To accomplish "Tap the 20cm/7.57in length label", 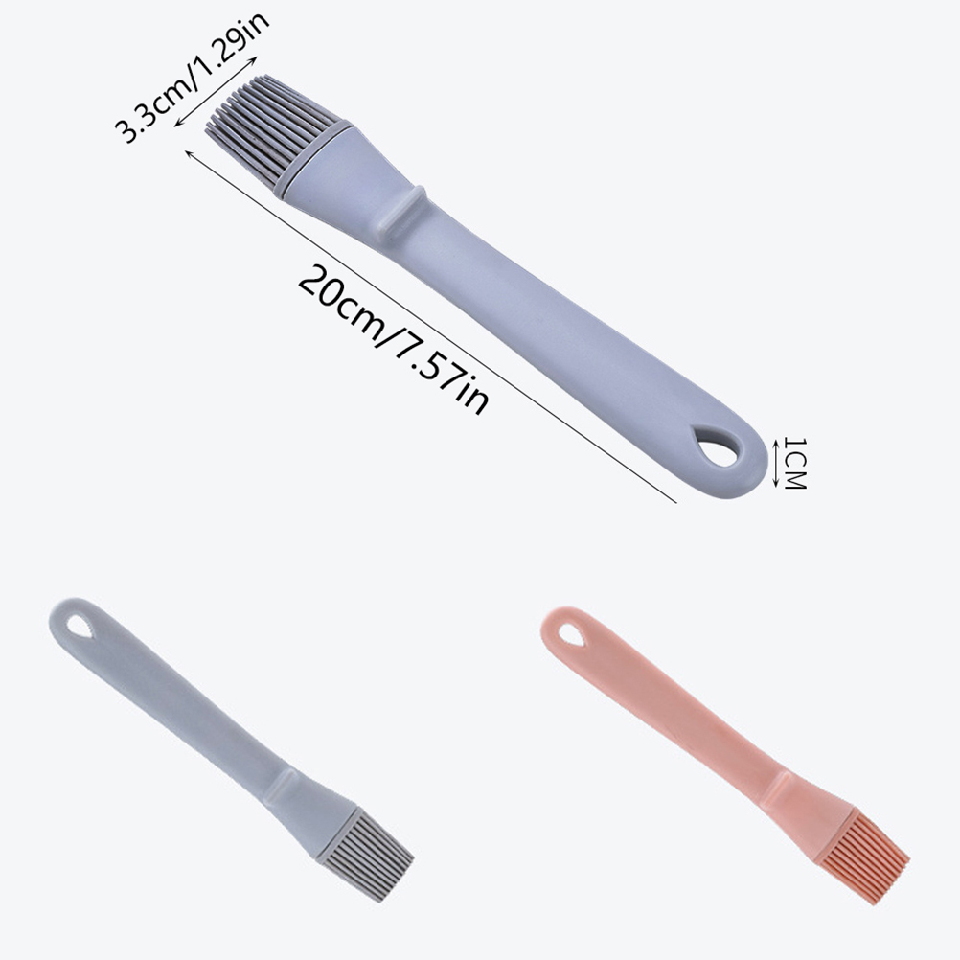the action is (x=393, y=340).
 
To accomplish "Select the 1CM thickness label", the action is (x=794, y=464).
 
